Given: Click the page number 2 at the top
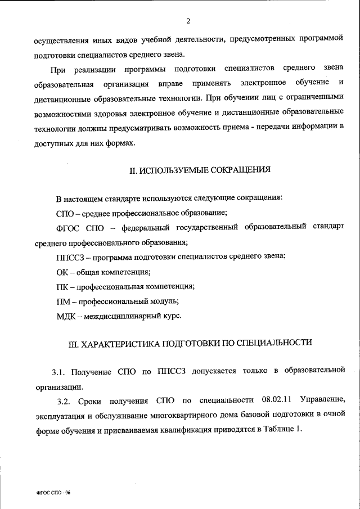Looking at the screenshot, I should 188,21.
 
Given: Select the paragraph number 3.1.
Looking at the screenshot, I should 59,372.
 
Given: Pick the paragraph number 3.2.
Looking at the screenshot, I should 65,400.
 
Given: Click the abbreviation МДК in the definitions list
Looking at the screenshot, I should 66,316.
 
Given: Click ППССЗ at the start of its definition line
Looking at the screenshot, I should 70,256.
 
